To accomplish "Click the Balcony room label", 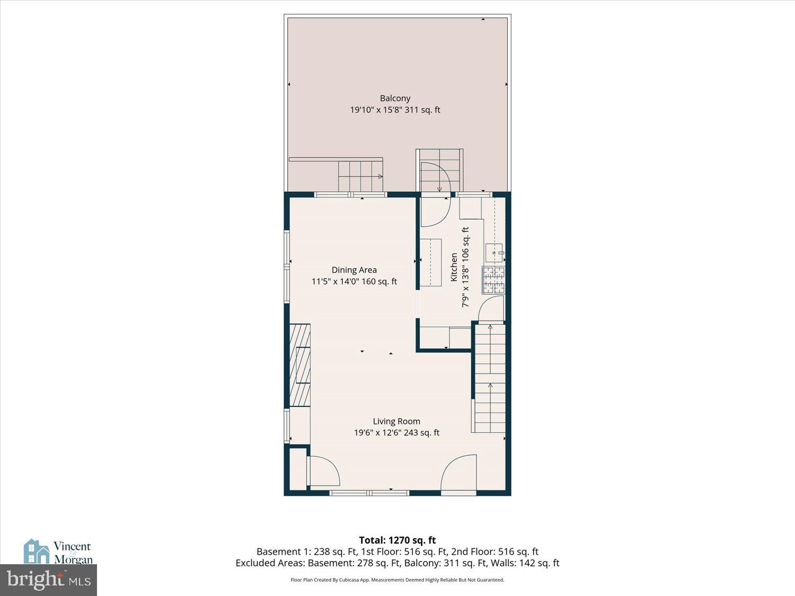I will tap(395, 98).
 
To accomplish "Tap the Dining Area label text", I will tap(354, 270).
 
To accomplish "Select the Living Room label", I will tap(396, 421).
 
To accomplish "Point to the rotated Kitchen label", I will tap(454, 267).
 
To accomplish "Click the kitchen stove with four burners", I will tap(493, 280).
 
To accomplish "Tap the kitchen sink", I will tap(494, 253).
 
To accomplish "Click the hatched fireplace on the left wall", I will tap(300, 364).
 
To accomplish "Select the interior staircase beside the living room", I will tap(490, 379).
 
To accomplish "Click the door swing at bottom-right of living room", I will tap(458, 473).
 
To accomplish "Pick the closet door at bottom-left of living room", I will tap(323, 471).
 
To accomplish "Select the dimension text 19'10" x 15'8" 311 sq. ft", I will tap(395, 110).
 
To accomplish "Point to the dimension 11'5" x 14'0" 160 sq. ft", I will tap(354, 281).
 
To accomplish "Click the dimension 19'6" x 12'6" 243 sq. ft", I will tap(396, 433).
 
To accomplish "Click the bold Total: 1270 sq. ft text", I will tap(397, 540).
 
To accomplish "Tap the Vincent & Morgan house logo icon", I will tap(37, 551).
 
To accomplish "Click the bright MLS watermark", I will tap(49, 580).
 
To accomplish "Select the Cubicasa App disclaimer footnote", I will tap(397, 580).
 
